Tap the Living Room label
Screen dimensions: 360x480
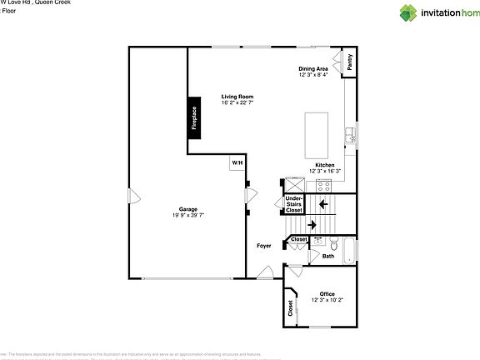237,97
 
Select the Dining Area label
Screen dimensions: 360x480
313,68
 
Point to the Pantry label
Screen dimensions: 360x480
349,62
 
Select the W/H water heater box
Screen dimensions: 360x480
237,162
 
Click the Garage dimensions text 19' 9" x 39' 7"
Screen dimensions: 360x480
187,215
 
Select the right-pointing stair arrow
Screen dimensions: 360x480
312,224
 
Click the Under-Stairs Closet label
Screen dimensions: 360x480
294,205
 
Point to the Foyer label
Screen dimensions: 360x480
263,246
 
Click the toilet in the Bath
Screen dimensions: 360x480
332,245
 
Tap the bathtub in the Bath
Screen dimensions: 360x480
349,249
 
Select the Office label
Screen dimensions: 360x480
327,293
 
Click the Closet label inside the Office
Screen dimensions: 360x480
290,309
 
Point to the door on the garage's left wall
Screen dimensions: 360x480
132,197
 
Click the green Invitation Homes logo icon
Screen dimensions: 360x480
408,12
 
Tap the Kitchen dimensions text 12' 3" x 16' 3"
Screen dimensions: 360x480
324,172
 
